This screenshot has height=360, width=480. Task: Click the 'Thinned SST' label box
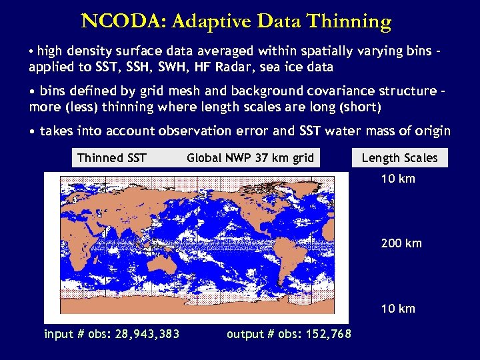coord(111,158)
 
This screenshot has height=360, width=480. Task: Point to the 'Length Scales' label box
coord(399,158)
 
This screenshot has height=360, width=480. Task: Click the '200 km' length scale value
coord(401,243)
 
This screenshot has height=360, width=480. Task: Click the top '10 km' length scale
coord(398,179)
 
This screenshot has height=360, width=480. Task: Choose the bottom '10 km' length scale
coord(398,308)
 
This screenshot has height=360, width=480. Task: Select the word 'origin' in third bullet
coord(433,131)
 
